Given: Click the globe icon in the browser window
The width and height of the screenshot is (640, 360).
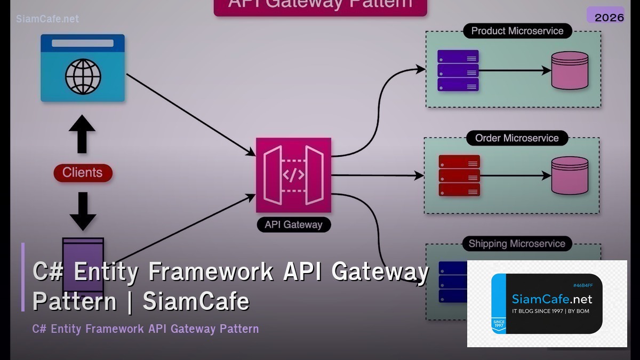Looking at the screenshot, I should [x=83, y=77].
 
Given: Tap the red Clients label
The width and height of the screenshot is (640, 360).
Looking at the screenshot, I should [x=83, y=173].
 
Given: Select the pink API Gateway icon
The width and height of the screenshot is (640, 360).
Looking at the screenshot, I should [x=293, y=175].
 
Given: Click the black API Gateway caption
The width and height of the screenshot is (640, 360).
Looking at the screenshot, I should [x=293, y=225].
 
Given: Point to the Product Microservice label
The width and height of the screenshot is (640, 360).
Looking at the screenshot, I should [x=517, y=31].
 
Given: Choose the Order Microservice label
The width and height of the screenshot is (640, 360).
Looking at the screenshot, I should [x=516, y=138].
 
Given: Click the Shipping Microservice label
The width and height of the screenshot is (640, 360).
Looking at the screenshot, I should [x=516, y=244].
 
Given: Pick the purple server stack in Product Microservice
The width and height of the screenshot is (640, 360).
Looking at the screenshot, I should [x=458, y=70].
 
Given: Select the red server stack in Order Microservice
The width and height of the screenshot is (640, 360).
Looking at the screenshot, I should [x=459, y=175].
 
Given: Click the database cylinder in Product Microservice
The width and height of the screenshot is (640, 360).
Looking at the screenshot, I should [x=570, y=70].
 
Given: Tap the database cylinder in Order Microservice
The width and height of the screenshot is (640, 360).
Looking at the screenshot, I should [x=570, y=175].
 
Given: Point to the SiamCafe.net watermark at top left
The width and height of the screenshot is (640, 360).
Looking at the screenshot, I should [x=47, y=19].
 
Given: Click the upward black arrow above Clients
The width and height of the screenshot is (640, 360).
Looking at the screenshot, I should [x=82, y=134].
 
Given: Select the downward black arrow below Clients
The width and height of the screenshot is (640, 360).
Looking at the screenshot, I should [x=83, y=211].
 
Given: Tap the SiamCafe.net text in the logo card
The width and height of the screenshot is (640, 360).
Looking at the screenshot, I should [x=551, y=299].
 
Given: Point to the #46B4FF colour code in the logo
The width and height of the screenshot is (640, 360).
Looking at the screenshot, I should [x=582, y=285].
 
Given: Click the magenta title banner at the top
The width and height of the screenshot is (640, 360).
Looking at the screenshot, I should [x=320, y=6].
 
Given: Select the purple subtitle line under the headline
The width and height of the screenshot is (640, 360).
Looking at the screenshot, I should [x=145, y=329].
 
